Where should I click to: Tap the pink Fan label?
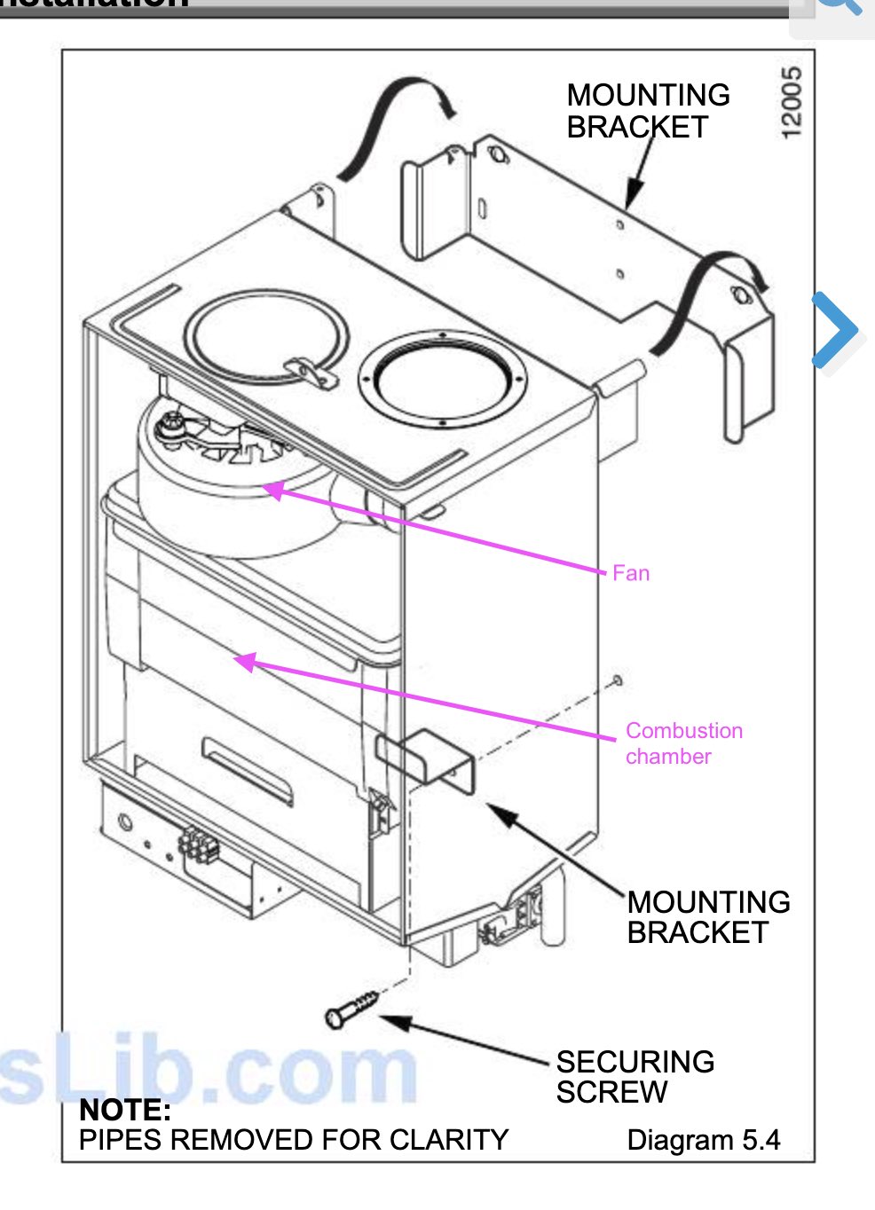click(x=631, y=573)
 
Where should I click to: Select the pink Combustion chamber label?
click(x=683, y=743)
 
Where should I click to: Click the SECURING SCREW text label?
click(x=635, y=1076)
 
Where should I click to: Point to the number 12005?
click(x=792, y=102)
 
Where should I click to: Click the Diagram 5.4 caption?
click(x=703, y=1140)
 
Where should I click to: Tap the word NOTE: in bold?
click(x=124, y=1110)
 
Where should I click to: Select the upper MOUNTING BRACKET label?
click(x=648, y=111)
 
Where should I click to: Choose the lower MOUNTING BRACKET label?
click(x=708, y=917)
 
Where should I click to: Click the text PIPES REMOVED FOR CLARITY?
click(x=293, y=1140)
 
